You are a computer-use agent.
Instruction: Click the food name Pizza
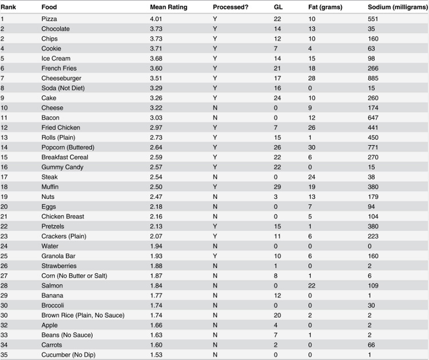49,19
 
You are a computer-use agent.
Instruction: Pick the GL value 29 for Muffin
278,187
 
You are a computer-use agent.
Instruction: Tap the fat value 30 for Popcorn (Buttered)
312,147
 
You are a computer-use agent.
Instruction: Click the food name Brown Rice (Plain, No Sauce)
82,315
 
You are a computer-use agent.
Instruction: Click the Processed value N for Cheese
215,108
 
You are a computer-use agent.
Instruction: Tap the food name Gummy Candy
62,167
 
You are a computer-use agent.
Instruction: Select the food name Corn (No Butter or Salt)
74,276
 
